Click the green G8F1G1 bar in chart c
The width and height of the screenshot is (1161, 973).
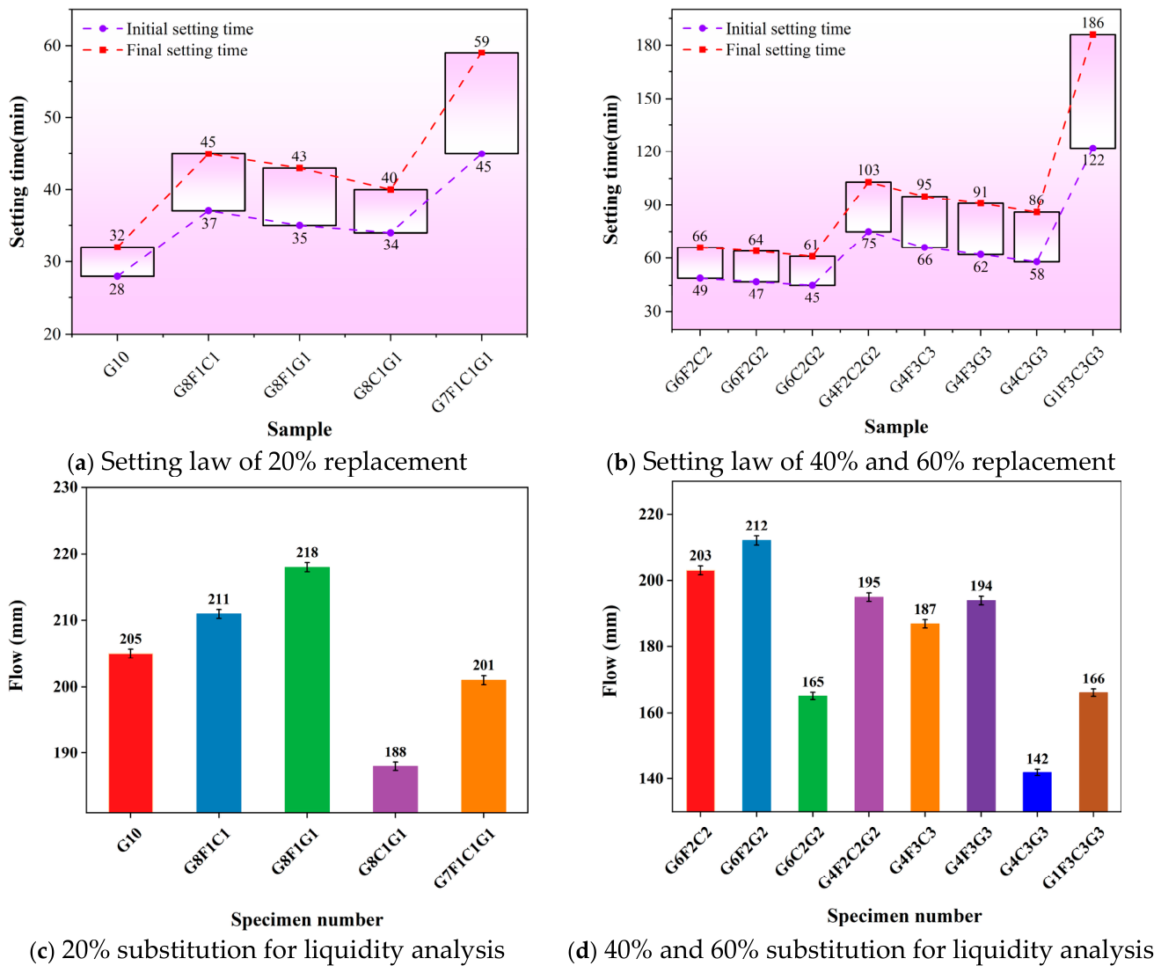pyautogui.click(x=306, y=689)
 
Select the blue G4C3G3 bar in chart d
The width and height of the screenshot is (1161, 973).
pyautogui.click(x=1036, y=791)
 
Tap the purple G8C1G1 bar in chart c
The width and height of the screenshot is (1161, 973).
pyautogui.click(x=395, y=788)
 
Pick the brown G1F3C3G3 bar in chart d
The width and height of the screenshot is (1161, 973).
pyautogui.click(x=1092, y=751)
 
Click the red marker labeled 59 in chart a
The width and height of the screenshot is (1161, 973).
pyautogui.click(x=481, y=53)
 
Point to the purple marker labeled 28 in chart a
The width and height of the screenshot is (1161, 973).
pyautogui.click(x=117, y=276)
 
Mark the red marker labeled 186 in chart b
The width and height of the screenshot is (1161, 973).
pyautogui.click(x=1092, y=34)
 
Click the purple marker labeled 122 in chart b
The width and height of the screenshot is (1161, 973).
pyautogui.click(x=1092, y=149)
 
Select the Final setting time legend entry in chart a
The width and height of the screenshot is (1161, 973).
pyautogui.click(x=165, y=50)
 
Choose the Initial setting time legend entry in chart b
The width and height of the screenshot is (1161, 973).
pyautogui.click(x=767, y=28)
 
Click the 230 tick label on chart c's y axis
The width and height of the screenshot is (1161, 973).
pyautogui.click(x=65, y=487)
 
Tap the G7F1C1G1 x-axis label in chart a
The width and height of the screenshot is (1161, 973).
pyautogui.click(x=463, y=383)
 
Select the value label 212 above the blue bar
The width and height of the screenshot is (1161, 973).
pyautogui.click(x=756, y=525)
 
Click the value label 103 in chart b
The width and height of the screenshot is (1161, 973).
pyautogui.click(x=868, y=170)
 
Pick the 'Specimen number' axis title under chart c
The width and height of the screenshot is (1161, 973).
pyautogui.click(x=306, y=919)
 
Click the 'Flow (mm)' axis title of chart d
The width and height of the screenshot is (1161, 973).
pyautogui.click(x=610, y=650)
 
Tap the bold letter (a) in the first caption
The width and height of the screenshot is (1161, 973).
pyautogui.click(x=80, y=462)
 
